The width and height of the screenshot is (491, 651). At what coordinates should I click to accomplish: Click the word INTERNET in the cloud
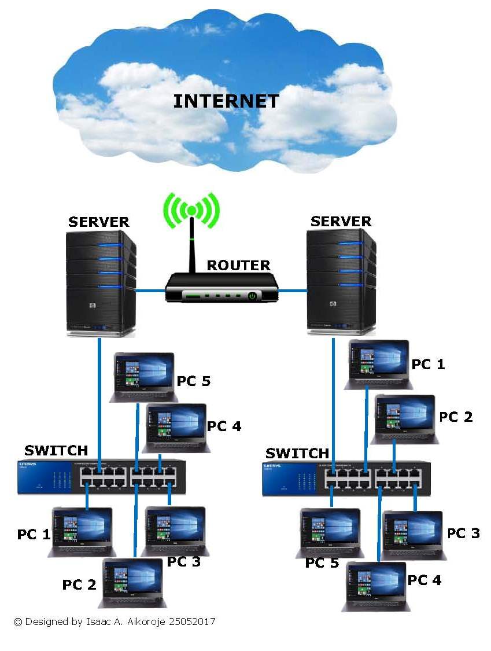(x=226, y=101)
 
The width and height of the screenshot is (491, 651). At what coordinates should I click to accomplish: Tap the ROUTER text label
(x=238, y=266)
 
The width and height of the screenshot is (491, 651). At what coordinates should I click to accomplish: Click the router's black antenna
(x=192, y=247)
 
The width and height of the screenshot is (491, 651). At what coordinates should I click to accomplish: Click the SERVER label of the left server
(x=98, y=222)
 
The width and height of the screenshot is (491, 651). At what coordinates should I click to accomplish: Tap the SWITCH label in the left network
(x=56, y=450)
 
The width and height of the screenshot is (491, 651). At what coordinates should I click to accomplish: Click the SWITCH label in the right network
(x=297, y=453)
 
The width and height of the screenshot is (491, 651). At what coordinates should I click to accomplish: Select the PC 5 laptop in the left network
(x=143, y=376)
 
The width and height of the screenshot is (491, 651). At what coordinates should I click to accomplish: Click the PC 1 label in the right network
(x=429, y=364)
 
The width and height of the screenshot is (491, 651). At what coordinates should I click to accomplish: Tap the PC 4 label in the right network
(x=424, y=580)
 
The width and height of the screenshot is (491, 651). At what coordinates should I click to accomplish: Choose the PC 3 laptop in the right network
(x=413, y=534)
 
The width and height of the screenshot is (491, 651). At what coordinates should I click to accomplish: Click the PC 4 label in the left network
(x=224, y=426)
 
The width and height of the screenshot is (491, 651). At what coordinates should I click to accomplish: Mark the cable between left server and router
(x=150, y=291)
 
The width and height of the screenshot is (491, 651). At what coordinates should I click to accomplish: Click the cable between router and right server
(x=293, y=291)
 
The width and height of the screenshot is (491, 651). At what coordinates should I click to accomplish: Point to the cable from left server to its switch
(x=99, y=399)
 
